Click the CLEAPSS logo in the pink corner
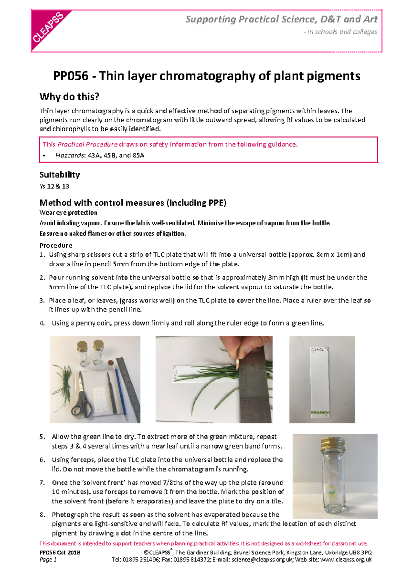coord(48,28)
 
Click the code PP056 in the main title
coord(71,76)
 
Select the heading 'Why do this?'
coord(69,97)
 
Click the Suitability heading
coord(60,175)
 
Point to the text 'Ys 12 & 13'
coord(54,186)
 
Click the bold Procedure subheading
coord(56,245)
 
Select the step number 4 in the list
coord(42,323)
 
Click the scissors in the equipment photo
coord(82,401)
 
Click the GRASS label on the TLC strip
coord(317,350)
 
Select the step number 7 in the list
coord(42,483)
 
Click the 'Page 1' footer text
coord(48,560)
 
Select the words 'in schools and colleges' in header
coord(342,32)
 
